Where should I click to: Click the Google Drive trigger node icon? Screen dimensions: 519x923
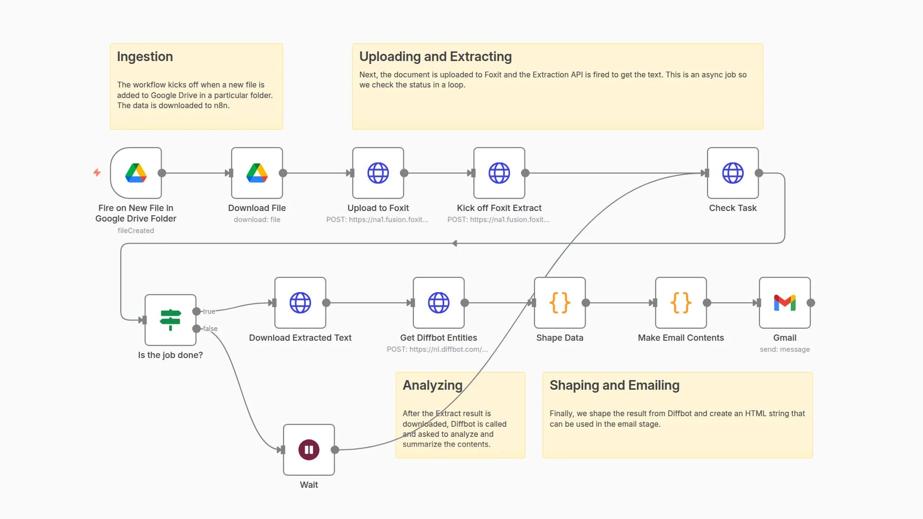tap(136, 173)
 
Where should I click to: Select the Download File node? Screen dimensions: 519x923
tap(257, 173)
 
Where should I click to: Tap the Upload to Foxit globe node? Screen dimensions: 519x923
tap(378, 173)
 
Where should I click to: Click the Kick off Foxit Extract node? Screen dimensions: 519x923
tap(499, 173)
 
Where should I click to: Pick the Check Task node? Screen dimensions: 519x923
tap(733, 173)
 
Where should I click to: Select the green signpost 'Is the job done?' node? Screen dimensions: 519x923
tap(171, 320)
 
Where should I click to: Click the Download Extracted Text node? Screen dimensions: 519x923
tap(300, 303)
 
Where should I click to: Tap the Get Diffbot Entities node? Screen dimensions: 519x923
tap(439, 303)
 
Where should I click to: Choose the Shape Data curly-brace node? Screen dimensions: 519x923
tap(560, 303)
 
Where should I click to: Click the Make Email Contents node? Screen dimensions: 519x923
tap(681, 303)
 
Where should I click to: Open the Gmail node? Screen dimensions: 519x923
tap(785, 303)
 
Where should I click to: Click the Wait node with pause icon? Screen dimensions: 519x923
tap(309, 450)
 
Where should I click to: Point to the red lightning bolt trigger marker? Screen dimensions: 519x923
tap(97, 172)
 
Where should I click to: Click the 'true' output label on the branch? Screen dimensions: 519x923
tap(209, 311)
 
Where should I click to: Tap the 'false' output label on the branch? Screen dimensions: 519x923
tap(210, 329)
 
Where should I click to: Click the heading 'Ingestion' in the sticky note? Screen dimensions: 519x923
tap(145, 57)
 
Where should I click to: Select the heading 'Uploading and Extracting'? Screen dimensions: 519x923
tap(435, 57)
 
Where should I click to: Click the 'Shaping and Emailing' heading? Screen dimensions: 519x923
tap(614, 385)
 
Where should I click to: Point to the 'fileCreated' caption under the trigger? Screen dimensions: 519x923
tap(136, 231)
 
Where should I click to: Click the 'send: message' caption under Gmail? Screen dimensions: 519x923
tap(785, 349)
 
